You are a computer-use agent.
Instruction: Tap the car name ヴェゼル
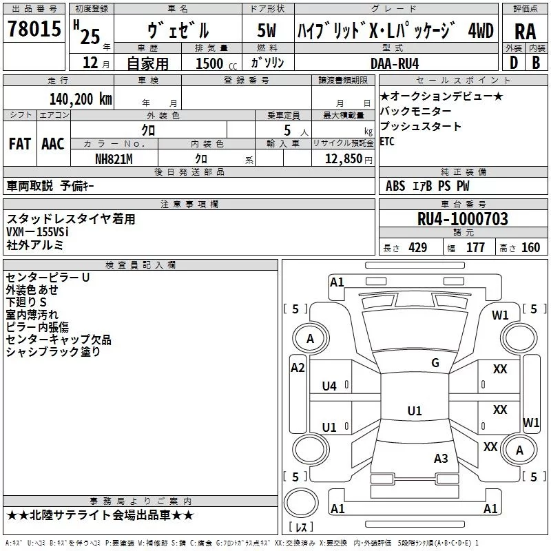click(x=178, y=31)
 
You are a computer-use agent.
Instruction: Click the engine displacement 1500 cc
click(x=209, y=64)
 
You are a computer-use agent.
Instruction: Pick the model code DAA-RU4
click(x=394, y=64)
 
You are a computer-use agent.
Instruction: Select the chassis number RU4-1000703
click(x=463, y=219)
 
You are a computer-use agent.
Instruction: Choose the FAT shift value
click(x=19, y=144)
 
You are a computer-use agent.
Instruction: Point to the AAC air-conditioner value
click(x=52, y=144)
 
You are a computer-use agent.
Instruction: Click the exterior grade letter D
click(x=513, y=64)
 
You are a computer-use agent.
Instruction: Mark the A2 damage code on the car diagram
click(x=298, y=368)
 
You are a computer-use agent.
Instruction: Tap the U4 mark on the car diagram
click(x=329, y=386)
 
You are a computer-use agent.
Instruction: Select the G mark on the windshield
click(x=435, y=363)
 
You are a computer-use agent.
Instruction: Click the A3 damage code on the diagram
click(x=441, y=458)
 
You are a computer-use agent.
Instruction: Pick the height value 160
click(x=530, y=248)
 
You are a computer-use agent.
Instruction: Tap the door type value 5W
click(x=267, y=31)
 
